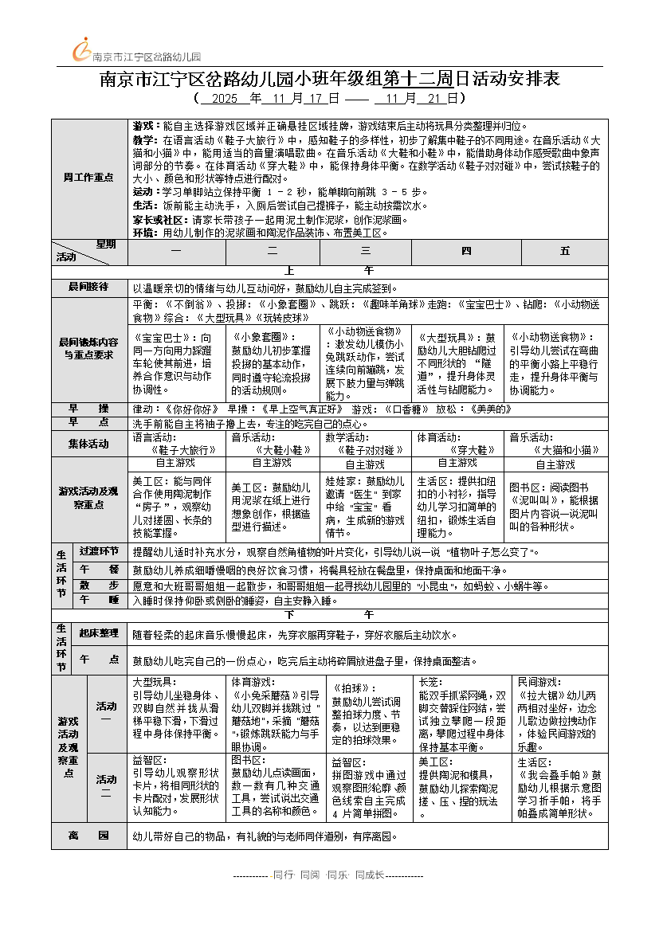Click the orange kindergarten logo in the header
point(82,49)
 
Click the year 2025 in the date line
point(226,99)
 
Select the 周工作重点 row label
point(88,177)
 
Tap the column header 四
point(466,251)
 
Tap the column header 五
point(565,251)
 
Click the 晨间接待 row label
point(88,287)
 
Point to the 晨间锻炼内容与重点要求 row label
point(88,347)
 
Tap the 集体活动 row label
point(88,444)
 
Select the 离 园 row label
point(88,836)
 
